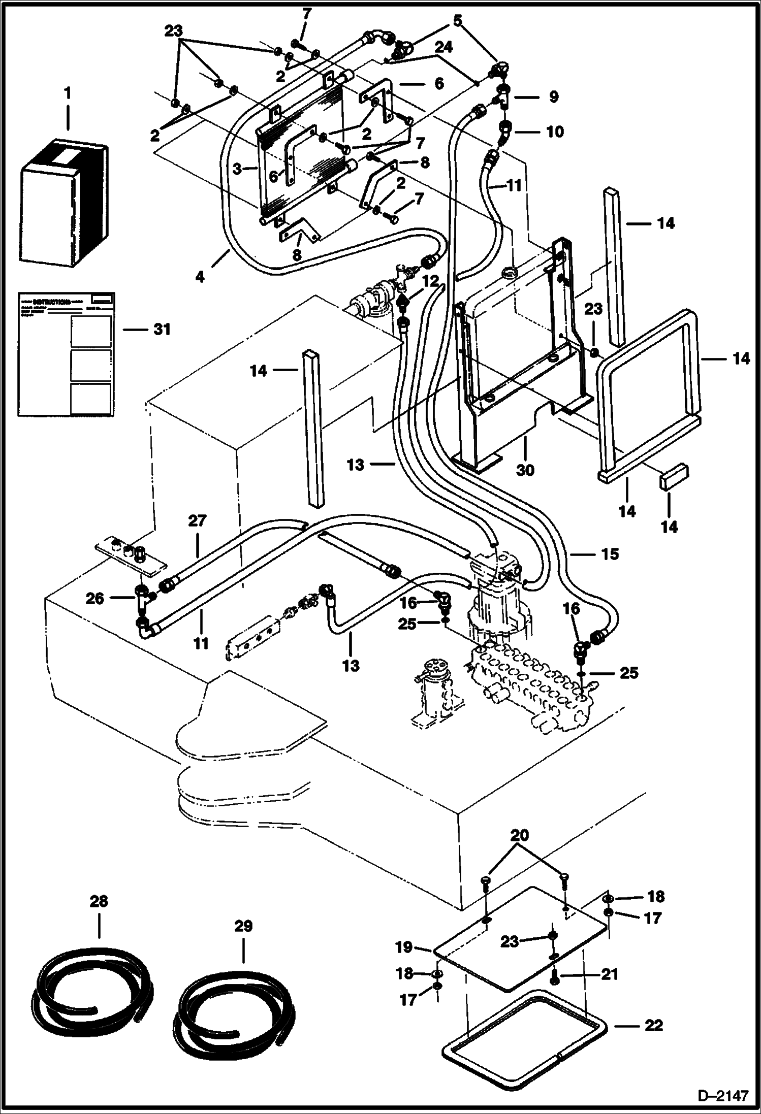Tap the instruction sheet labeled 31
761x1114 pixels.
(x=66, y=354)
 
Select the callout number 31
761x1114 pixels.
(x=162, y=330)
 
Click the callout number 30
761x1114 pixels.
(x=525, y=470)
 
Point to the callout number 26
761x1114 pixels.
(x=95, y=599)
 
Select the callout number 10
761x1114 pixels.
(x=554, y=132)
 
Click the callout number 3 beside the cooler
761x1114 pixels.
(x=237, y=169)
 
